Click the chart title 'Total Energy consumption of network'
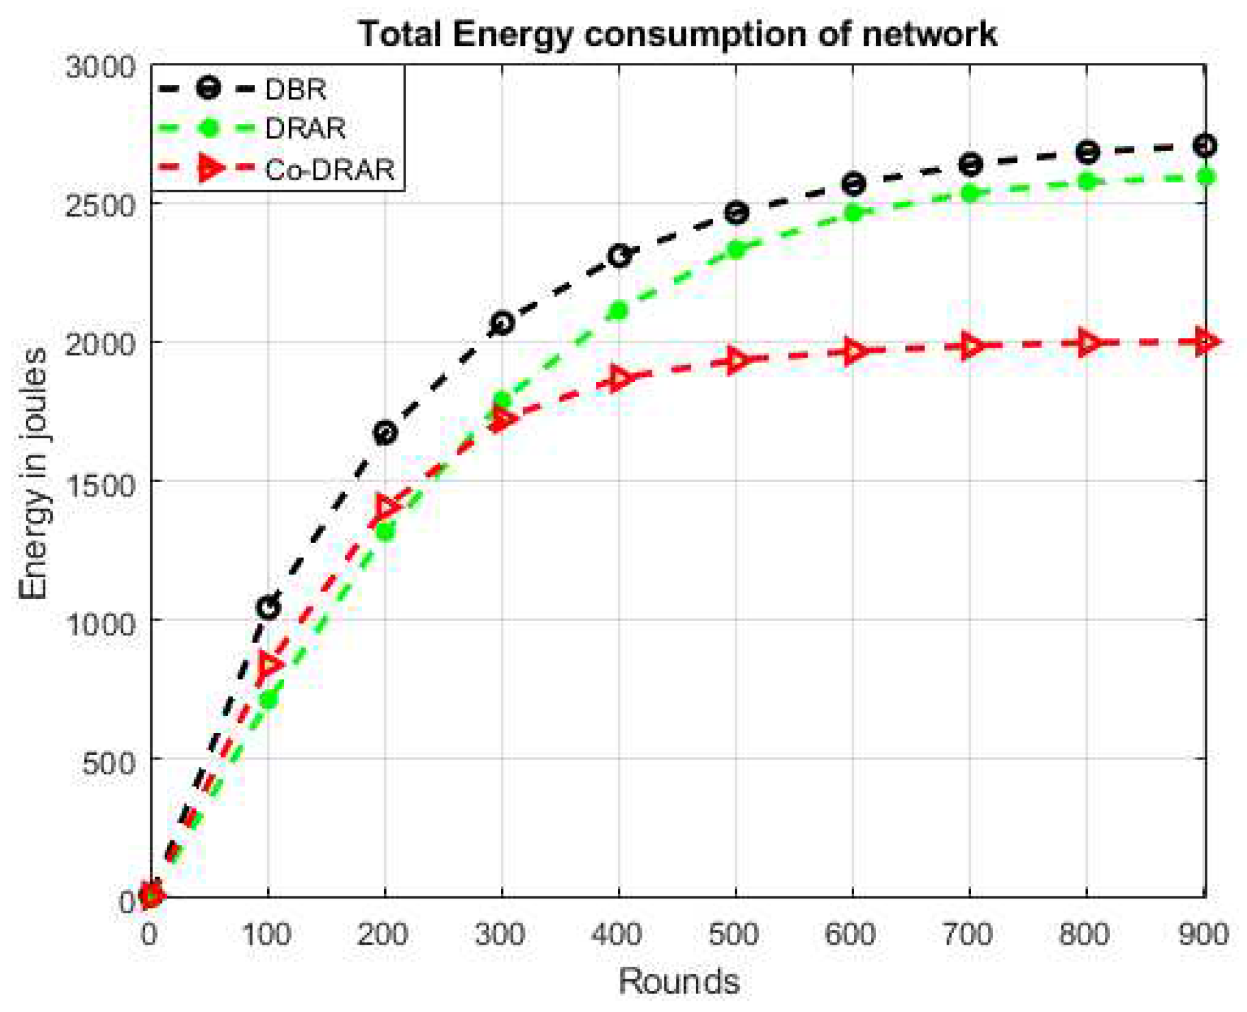point(678,34)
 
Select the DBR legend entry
point(295,89)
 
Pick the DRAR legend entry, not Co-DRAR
point(305,129)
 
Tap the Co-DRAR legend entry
point(329,169)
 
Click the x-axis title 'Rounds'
point(679,981)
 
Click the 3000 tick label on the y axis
point(101,67)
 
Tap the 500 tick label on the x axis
point(734,934)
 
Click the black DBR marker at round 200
point(385,432)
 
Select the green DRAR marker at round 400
point(619,311)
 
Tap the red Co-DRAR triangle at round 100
point(269,664)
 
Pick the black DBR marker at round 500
point(736,212)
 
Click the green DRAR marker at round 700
point(970,193)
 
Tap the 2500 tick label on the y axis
point(101,206)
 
